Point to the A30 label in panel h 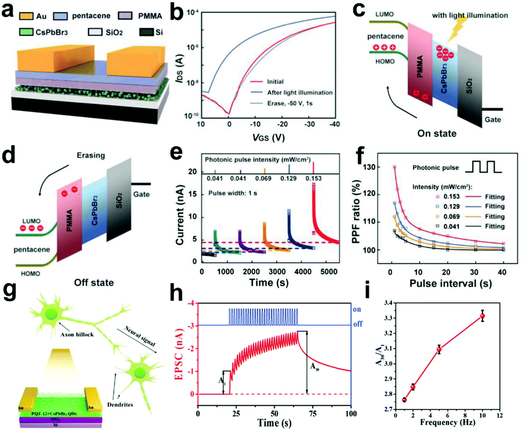[320, 367]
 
